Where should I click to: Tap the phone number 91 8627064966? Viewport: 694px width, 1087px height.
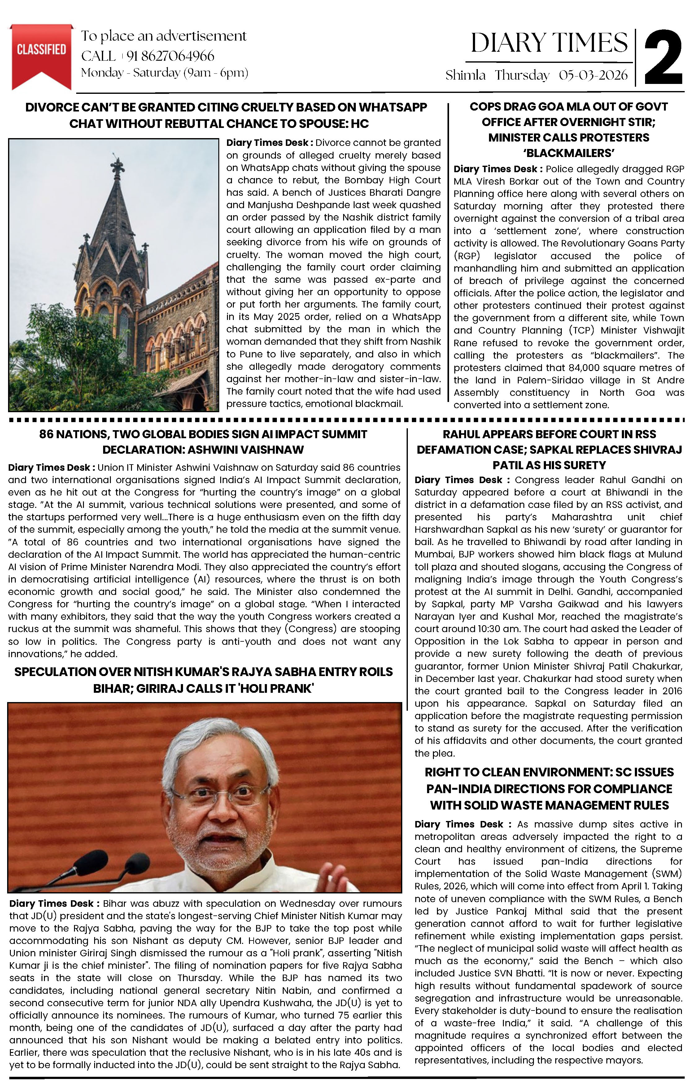170,56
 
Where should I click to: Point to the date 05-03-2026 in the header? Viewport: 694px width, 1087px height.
593,75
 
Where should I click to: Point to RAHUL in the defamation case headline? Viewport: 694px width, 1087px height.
461,434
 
